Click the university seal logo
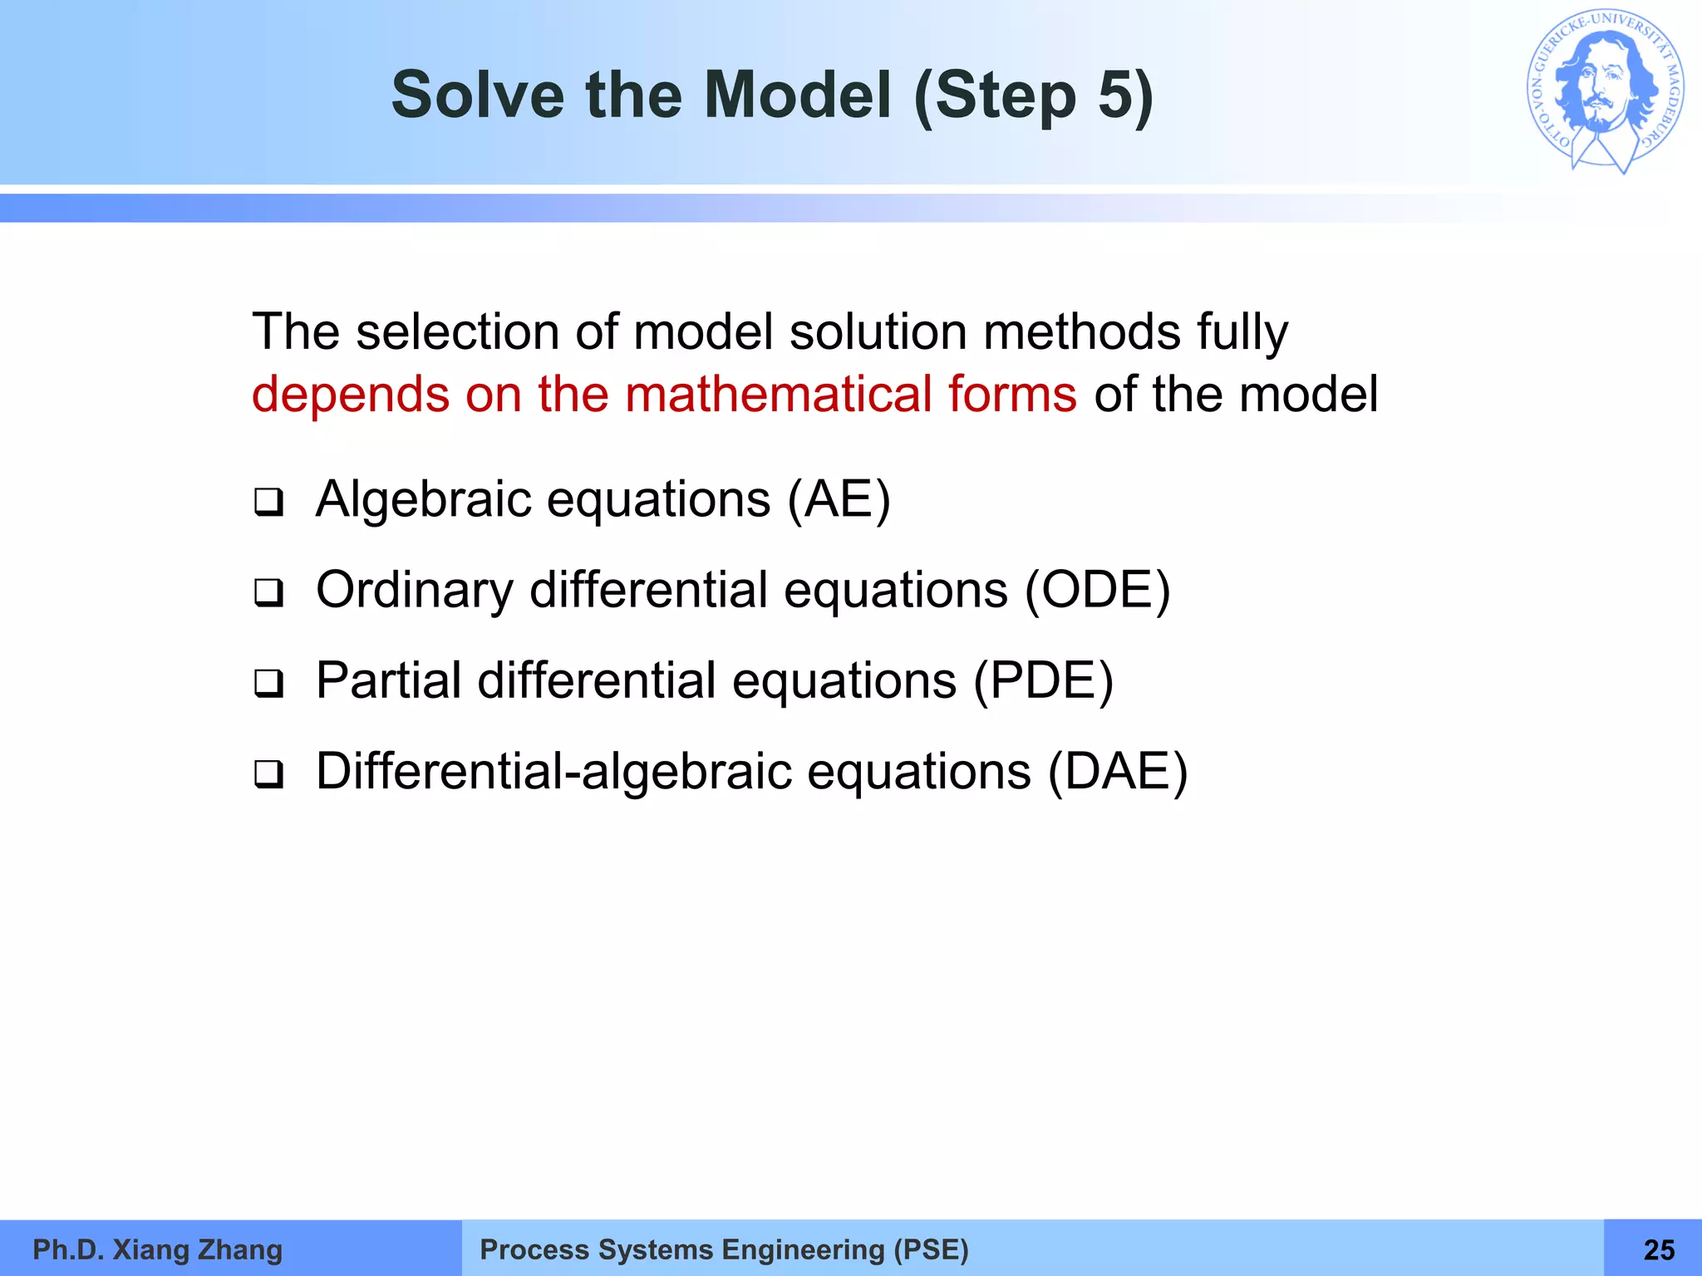coord(1605,91)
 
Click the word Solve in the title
coord(478,95)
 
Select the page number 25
coord(1659,1249)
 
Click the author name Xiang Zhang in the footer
coord(197,1249)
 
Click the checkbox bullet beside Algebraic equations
coord(268,503)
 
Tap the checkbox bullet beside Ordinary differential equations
coord(268,593)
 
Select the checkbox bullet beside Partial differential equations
coord(268,684)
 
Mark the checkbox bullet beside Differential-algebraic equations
coord(268,774)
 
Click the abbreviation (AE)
coord(839,500)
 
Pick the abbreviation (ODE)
coord(1097,591)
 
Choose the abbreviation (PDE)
coord(1043,681)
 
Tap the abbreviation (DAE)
coord(1117,772)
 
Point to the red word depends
coord(349,395)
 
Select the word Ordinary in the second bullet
coord(415,591)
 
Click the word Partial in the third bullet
coord(388,681)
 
